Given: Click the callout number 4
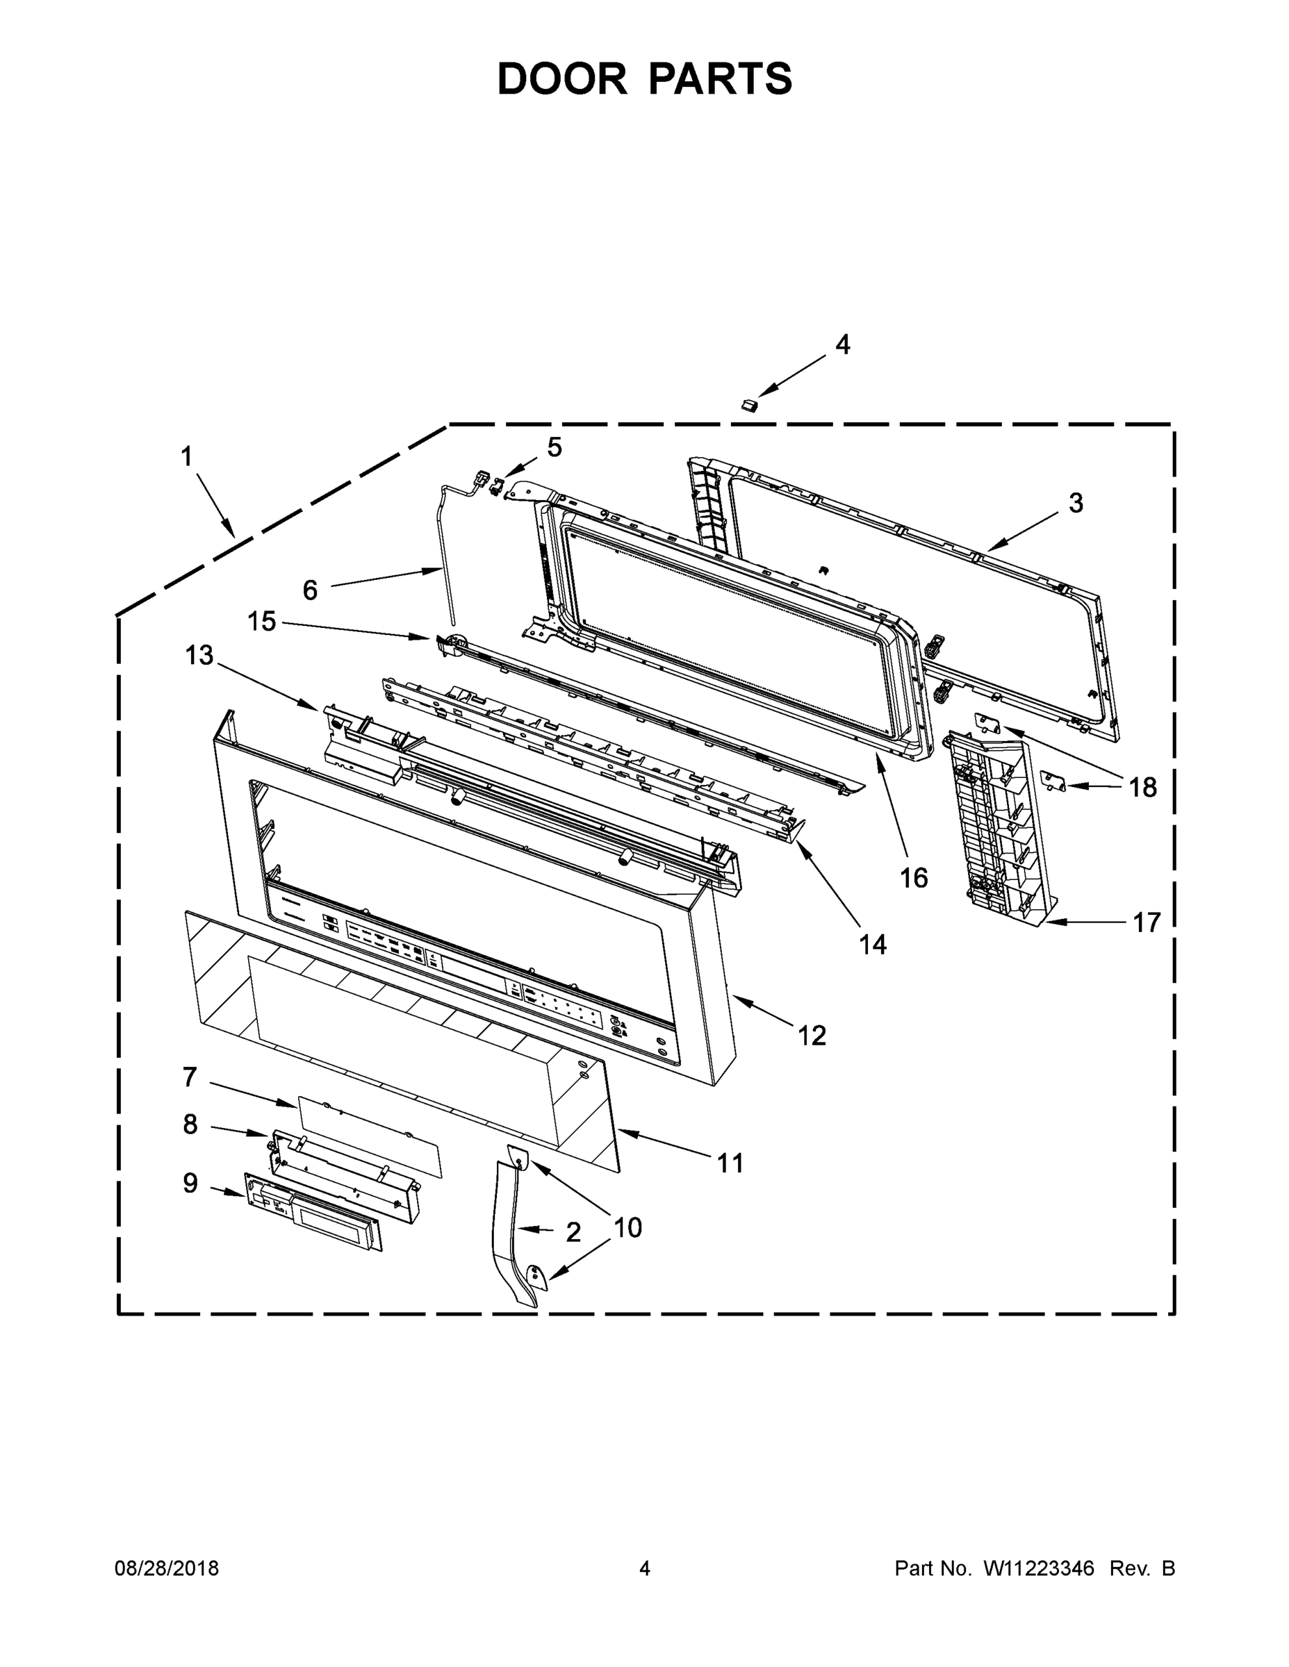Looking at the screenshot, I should pos(842,345).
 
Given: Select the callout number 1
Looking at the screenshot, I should pos(186,457).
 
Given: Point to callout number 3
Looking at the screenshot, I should pos(1075,503).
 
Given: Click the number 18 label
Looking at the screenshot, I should pos(1142,787).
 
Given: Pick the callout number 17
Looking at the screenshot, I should pos(1146,923).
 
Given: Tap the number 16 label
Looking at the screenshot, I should pos(913,878).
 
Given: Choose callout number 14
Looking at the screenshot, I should pos(873,945).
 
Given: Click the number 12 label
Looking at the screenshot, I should pos(812,1036).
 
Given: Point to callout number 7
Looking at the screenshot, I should pos(190,1077).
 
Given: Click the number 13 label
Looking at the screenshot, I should pos(199,655).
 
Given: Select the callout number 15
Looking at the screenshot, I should pos(261,622).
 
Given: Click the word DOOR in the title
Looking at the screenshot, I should pos(562,78).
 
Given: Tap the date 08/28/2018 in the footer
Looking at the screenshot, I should pos(167,1568).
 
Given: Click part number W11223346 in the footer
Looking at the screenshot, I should pos(1039,1568).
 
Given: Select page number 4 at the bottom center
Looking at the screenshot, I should pos(645,1568).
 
